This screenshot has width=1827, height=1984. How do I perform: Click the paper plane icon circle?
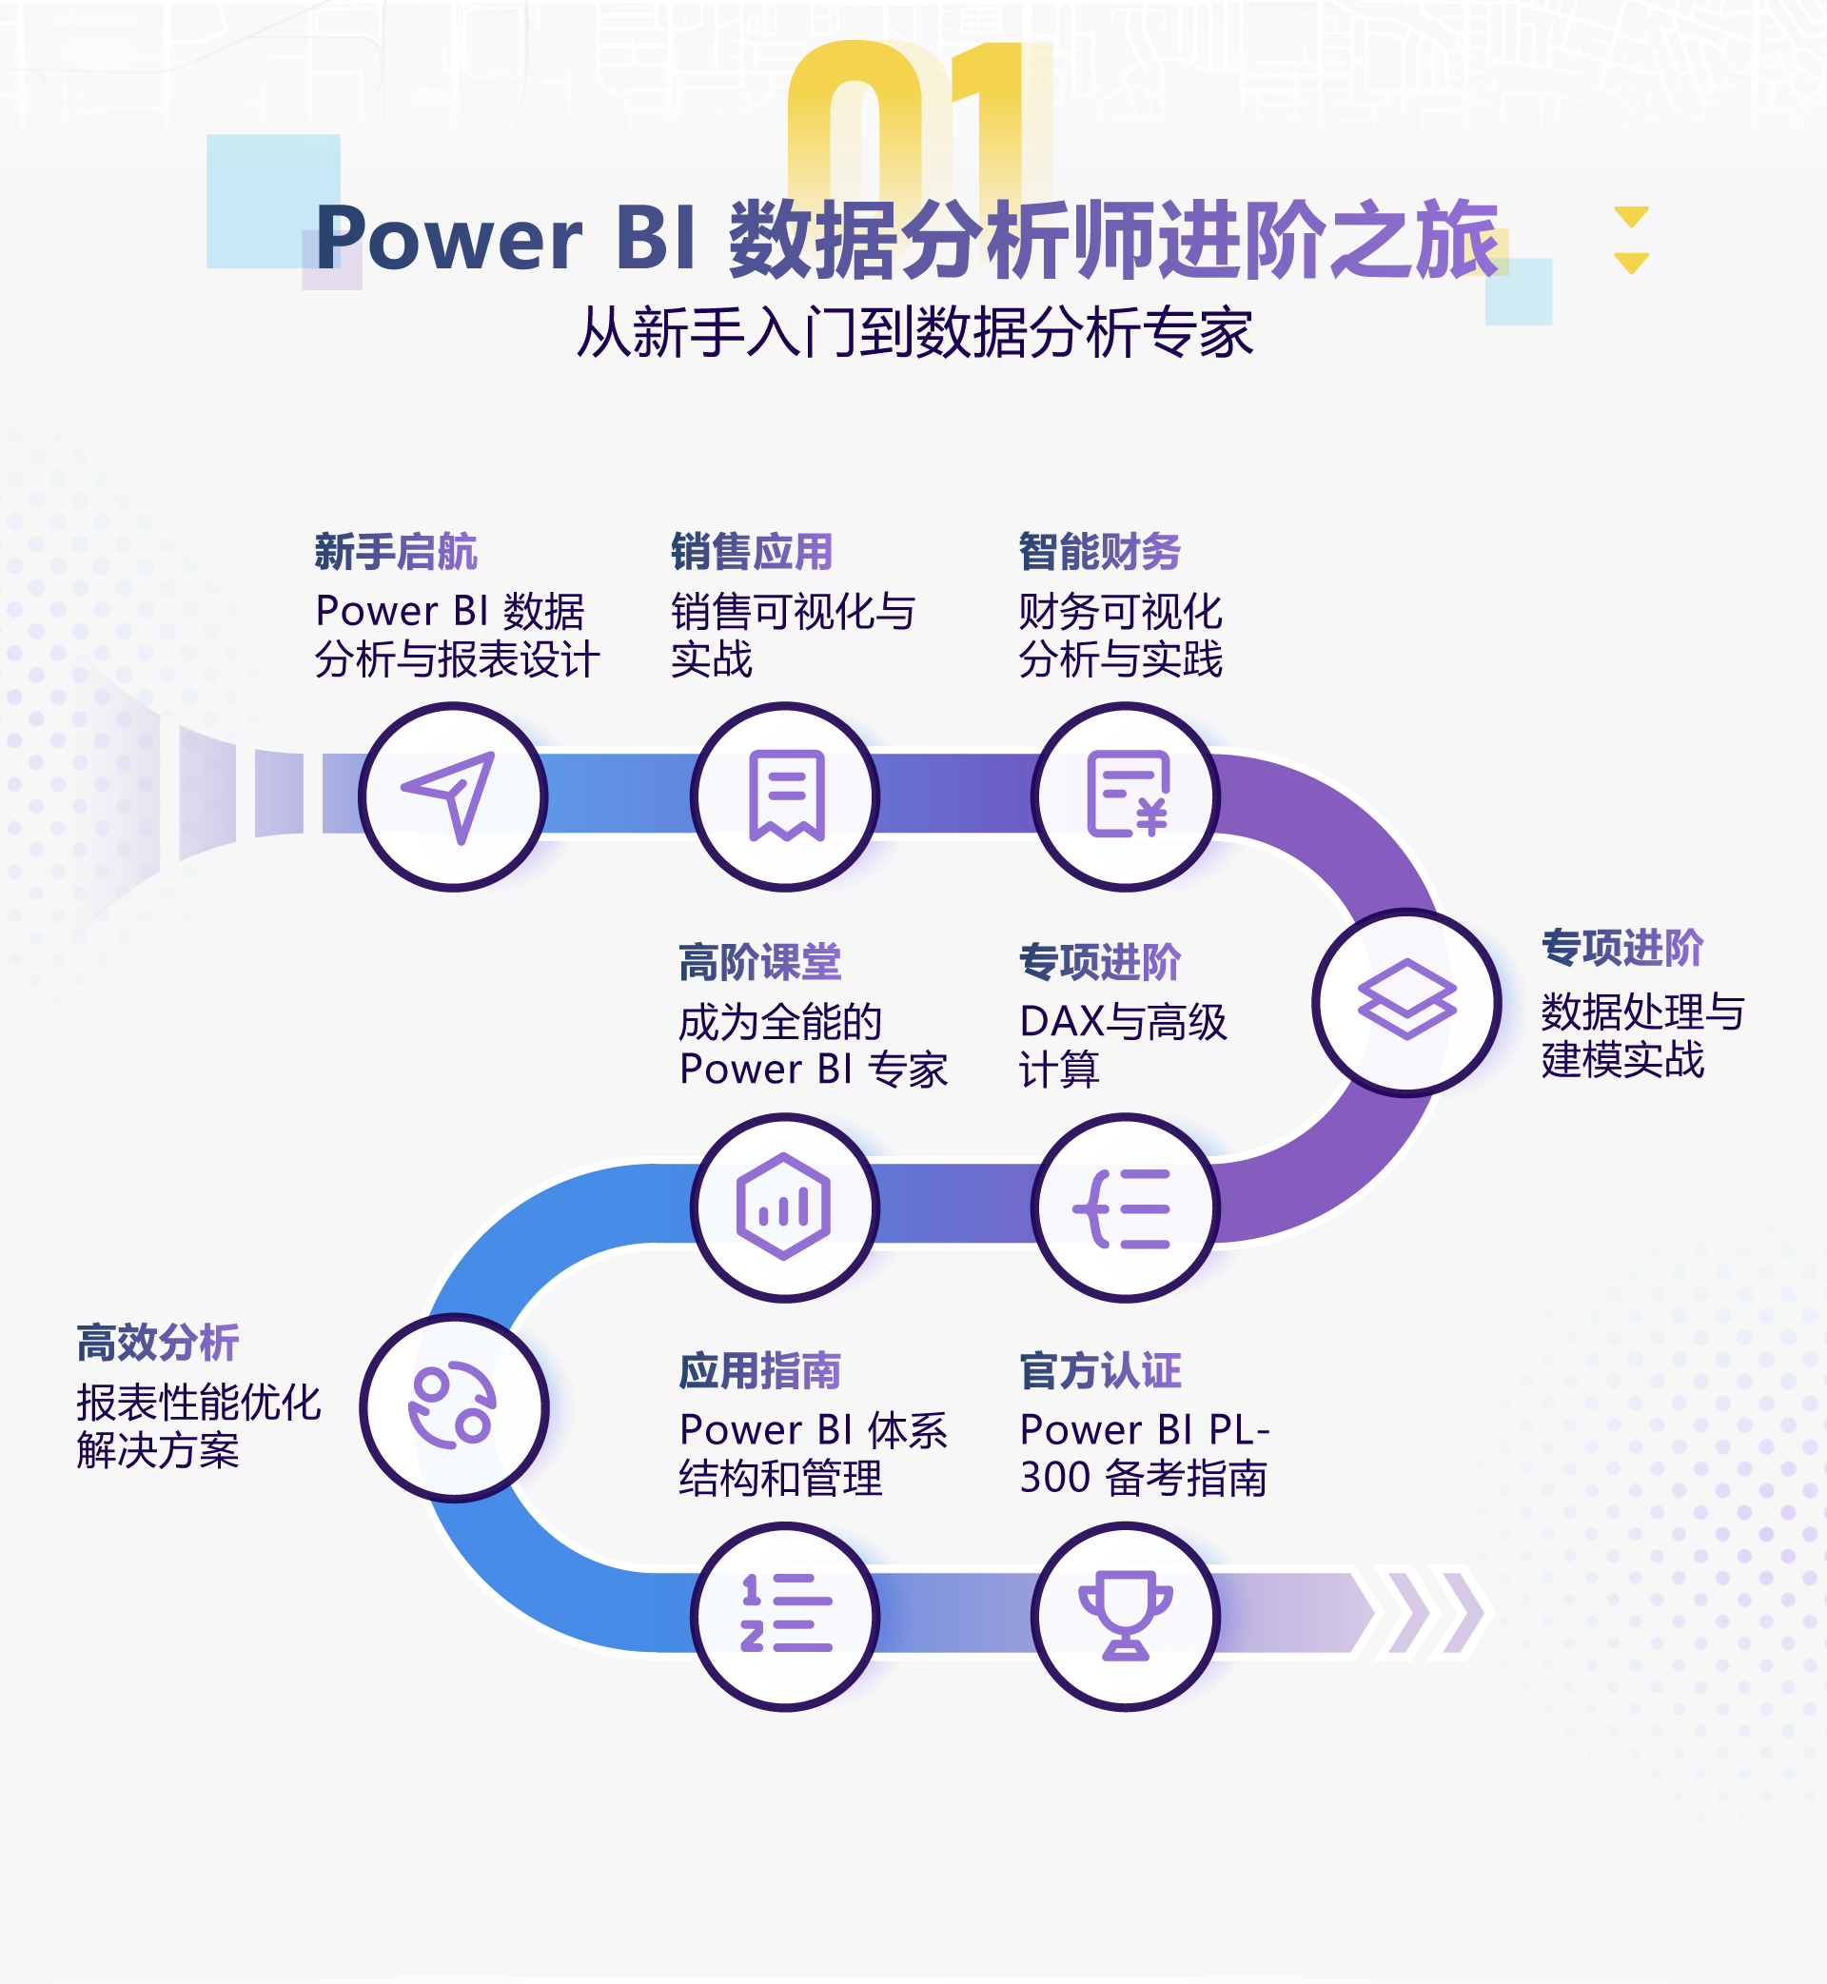(453, 796)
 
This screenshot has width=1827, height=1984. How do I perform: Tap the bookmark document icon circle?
(786, 796)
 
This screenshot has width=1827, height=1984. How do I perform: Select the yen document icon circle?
(1126, 796)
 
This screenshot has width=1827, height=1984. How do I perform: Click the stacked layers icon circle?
(1406, 1002)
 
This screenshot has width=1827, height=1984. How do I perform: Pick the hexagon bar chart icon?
(783, 1207)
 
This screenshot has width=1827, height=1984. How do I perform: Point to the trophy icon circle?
(1126, 1617)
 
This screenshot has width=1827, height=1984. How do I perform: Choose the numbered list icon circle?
(786, 1617)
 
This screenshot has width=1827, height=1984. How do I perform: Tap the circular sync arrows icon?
(453, 1406)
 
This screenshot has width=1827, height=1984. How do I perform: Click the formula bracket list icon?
(1123, 1208)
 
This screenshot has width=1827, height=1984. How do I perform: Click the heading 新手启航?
(396, 552)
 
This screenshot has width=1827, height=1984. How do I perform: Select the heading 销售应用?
(752, 552)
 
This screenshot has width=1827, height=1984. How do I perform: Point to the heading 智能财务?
(1099, 552)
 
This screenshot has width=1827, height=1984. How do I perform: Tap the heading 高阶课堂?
(759, 962)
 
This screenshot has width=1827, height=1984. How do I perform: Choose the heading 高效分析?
(157, 1343)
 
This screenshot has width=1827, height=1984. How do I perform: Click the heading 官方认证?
(1100, 1371)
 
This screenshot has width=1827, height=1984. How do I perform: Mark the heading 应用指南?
(759, 1371)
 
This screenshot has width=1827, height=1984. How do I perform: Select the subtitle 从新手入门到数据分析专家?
(915, 332)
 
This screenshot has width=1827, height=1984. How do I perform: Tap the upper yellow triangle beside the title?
(1631, 217)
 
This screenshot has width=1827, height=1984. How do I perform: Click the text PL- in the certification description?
(1240, 1429)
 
